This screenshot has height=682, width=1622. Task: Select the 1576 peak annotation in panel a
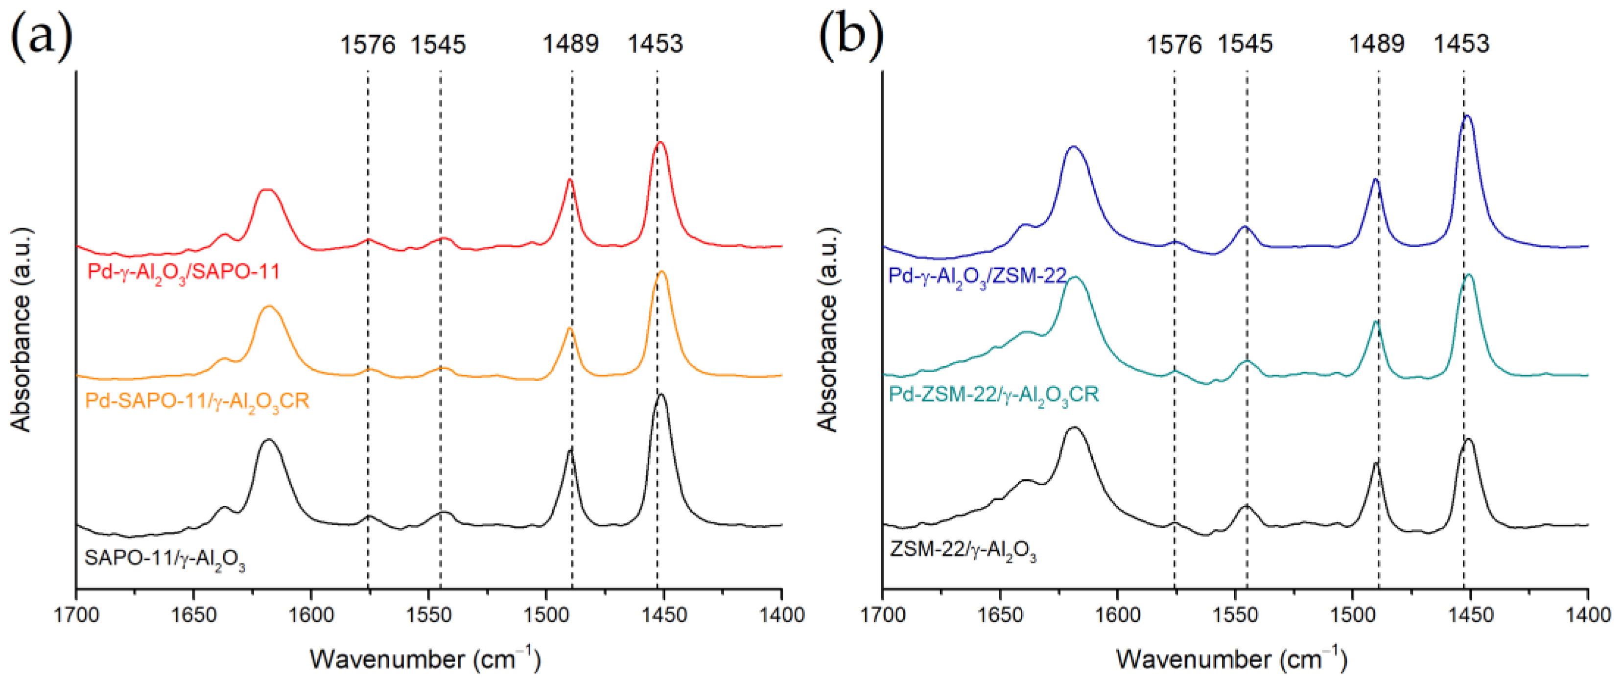tap(368, 45)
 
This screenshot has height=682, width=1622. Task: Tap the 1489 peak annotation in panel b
tap(1376, 44)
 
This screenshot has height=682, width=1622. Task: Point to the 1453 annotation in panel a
tap(655, 44)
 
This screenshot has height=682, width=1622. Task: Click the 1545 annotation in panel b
tap(1245, 44)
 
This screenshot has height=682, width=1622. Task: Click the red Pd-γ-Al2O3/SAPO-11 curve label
tap(183, 272)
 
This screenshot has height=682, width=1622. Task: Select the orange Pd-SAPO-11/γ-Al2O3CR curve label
tap(197, 401)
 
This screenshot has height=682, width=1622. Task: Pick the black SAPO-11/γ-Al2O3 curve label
tap(165, 559)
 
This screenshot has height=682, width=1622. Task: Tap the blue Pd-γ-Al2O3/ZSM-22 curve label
tap(977, 276)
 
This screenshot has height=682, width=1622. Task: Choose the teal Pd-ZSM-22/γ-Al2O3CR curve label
tap(993, 395)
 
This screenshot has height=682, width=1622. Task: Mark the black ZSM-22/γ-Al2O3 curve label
tap(962, 550)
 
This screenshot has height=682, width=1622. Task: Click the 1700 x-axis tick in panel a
tap(76, 614)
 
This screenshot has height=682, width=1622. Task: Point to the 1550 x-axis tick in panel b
tap(1235, 614)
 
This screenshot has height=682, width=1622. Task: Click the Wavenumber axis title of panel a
tap(425, 658)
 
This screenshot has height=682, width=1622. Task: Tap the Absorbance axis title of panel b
tap(828, 330)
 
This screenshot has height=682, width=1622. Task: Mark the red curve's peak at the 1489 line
tap(570, 180)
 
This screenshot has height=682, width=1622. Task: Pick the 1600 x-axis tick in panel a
tap(311, 614)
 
